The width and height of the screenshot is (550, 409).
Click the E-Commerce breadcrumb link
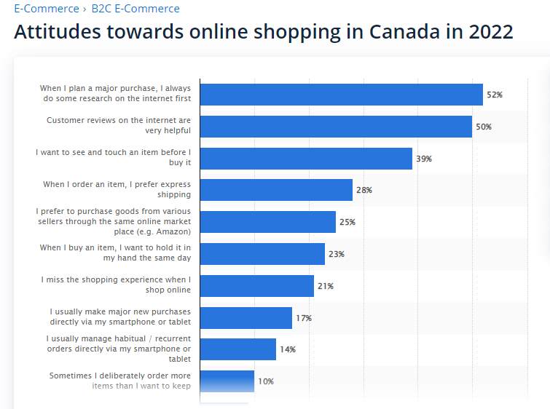point(47,9)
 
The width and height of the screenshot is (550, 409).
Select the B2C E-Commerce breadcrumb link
point(135,9)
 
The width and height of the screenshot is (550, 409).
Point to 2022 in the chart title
point(491,31)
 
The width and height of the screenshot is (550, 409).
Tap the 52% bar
point(342,95)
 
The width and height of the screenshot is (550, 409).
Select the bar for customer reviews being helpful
point(336,127)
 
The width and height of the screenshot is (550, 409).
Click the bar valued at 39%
point(306,159)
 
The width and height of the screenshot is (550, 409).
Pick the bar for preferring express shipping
point(276,190)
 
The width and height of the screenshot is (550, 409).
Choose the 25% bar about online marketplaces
point(268,222)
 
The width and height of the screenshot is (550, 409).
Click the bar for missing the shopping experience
point(257,286)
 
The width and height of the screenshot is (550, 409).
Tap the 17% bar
point(246,318)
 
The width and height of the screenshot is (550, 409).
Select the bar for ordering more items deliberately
point(227,381)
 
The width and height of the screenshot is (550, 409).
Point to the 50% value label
point(484,127)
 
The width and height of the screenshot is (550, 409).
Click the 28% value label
point(364,190)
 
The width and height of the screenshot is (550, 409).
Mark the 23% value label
point(337,254)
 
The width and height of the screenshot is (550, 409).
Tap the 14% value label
point(288,349)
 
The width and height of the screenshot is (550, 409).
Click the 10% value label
point(266,381)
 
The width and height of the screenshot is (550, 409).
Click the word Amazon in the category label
point(172,231)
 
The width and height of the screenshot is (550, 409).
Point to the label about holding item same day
point(115,253)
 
